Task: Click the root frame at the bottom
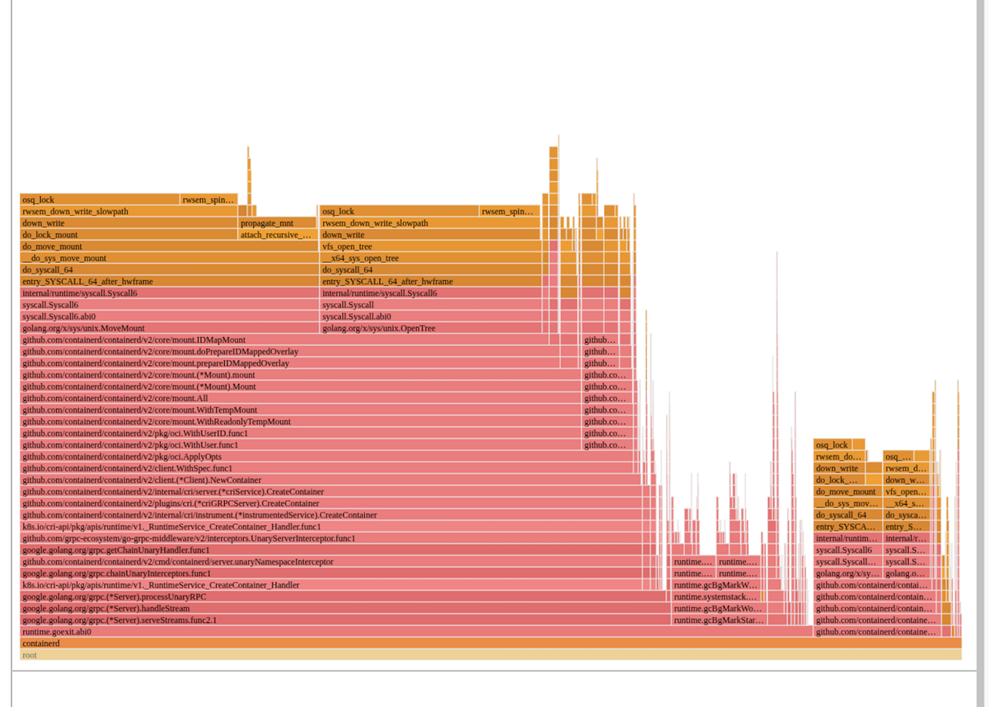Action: click(490, 655)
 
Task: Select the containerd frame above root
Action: click(490, 644)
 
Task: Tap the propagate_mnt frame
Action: click(277, 223)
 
